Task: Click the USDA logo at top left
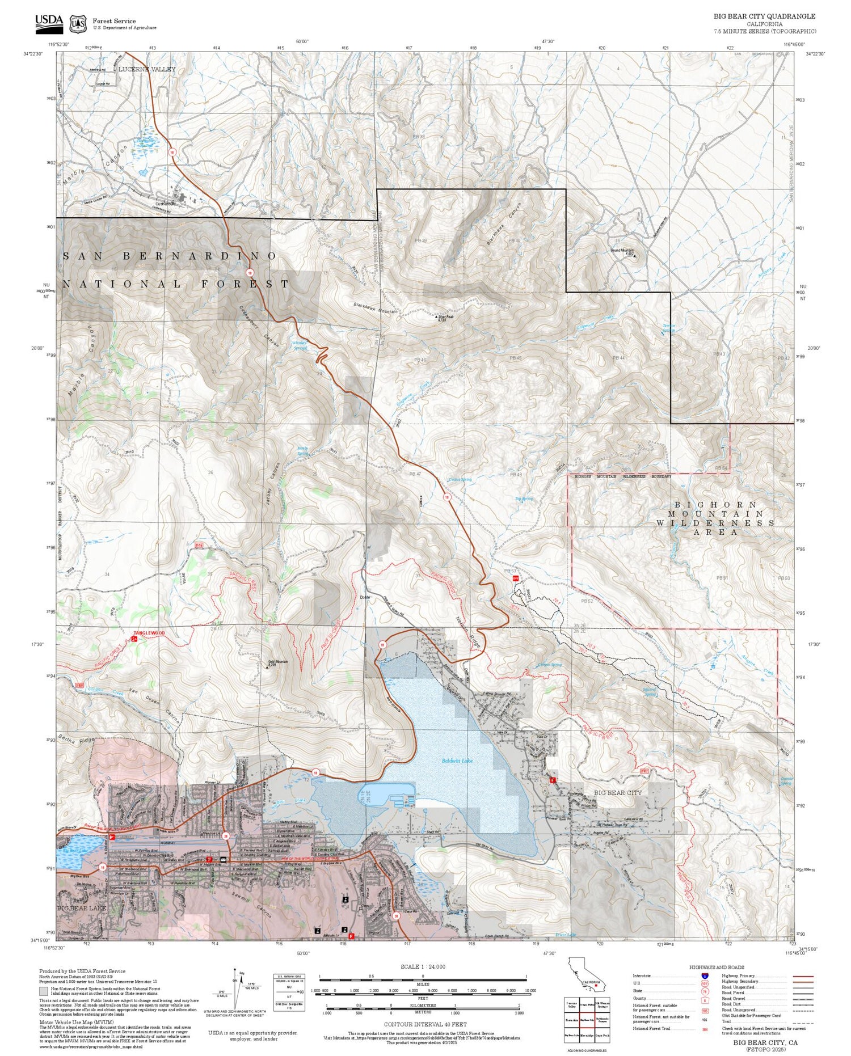click(x=49, y=22)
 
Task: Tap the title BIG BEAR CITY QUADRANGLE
click(x=764, y=16)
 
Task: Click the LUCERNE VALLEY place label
click(x=147, y=69)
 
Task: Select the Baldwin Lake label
click(x=457, y=761)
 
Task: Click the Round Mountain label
click(x=622, y=251)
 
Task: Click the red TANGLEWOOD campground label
click(x=149, y=633)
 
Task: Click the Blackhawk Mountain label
click(x=375, y=309)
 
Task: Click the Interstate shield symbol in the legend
click(x=705, y=975)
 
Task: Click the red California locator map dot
click(x=596, y=986)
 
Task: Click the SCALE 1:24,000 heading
click(x=423, y=966)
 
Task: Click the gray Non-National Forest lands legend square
click(x=44, y=991)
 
